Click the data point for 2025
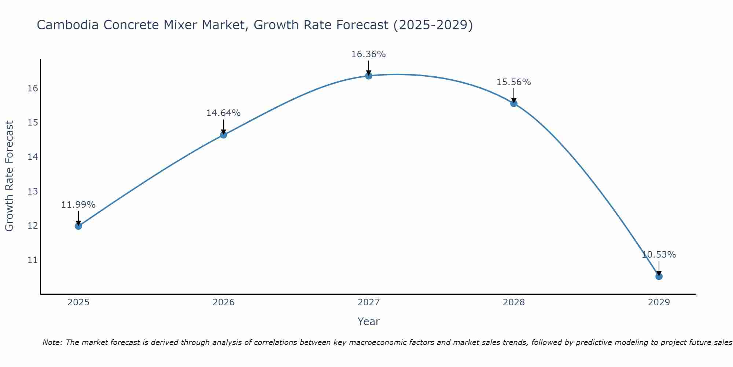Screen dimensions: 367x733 [78, 226]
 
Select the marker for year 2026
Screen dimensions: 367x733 [224, 135]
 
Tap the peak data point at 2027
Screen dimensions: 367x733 [369, 76]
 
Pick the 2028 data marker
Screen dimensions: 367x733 [514, 103]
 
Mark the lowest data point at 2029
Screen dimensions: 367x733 [659, 276]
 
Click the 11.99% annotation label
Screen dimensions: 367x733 [78, 205]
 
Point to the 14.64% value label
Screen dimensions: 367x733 [223, 113]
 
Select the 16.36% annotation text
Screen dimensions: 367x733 [368, 54]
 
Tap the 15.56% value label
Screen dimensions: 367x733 [513, 82]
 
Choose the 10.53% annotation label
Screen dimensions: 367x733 [659, 255]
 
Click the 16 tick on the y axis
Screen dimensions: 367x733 [33, 88]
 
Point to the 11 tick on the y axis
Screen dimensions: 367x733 [33, 260]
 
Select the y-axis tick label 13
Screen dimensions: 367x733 [33, 192]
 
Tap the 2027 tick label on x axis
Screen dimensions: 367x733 [369, 302]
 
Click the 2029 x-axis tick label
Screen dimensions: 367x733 [659, 302]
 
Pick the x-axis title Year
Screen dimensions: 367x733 [368, 321]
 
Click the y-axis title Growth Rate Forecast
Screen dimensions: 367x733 [10, 176]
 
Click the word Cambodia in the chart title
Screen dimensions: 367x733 [67, 25]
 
